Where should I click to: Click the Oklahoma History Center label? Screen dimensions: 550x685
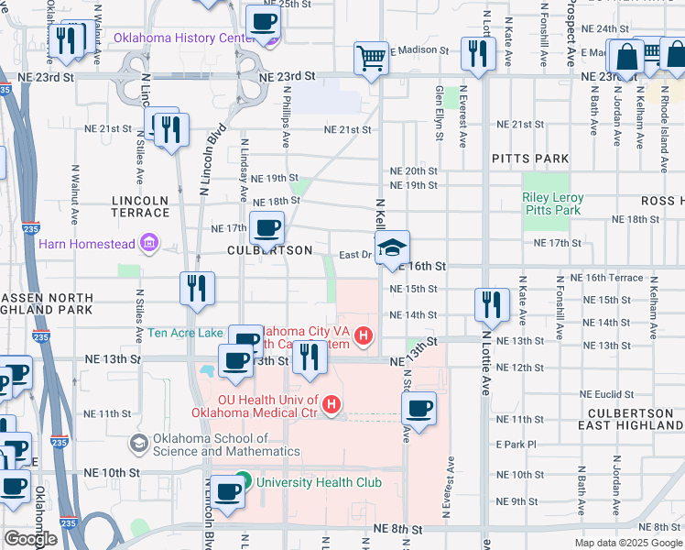click(x=183, y=38)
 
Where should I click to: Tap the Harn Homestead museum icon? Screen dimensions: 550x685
click(x=147, y=244)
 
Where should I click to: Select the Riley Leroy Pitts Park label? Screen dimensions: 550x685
click(x=551, y=203)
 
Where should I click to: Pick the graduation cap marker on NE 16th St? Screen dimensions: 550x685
click(x=392, y=248)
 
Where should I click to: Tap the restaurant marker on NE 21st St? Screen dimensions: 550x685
click(x=170, y=131)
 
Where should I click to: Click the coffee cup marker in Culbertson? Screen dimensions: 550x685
click(x=266, y=228)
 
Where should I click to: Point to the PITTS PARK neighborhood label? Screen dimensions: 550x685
click(x=530, y=159)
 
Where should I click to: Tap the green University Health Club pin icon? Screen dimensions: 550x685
click(x=243, y=480)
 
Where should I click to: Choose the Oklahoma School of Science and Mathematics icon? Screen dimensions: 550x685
click(x=138, y=445)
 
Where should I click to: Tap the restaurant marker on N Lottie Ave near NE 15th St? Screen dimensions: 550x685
click(x=493, y=306)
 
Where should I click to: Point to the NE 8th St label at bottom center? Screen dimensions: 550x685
click(x=398, y=530)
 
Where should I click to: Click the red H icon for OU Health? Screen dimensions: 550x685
click(x=332, y=403)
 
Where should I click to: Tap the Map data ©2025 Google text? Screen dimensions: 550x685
click(x=628, y=543)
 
